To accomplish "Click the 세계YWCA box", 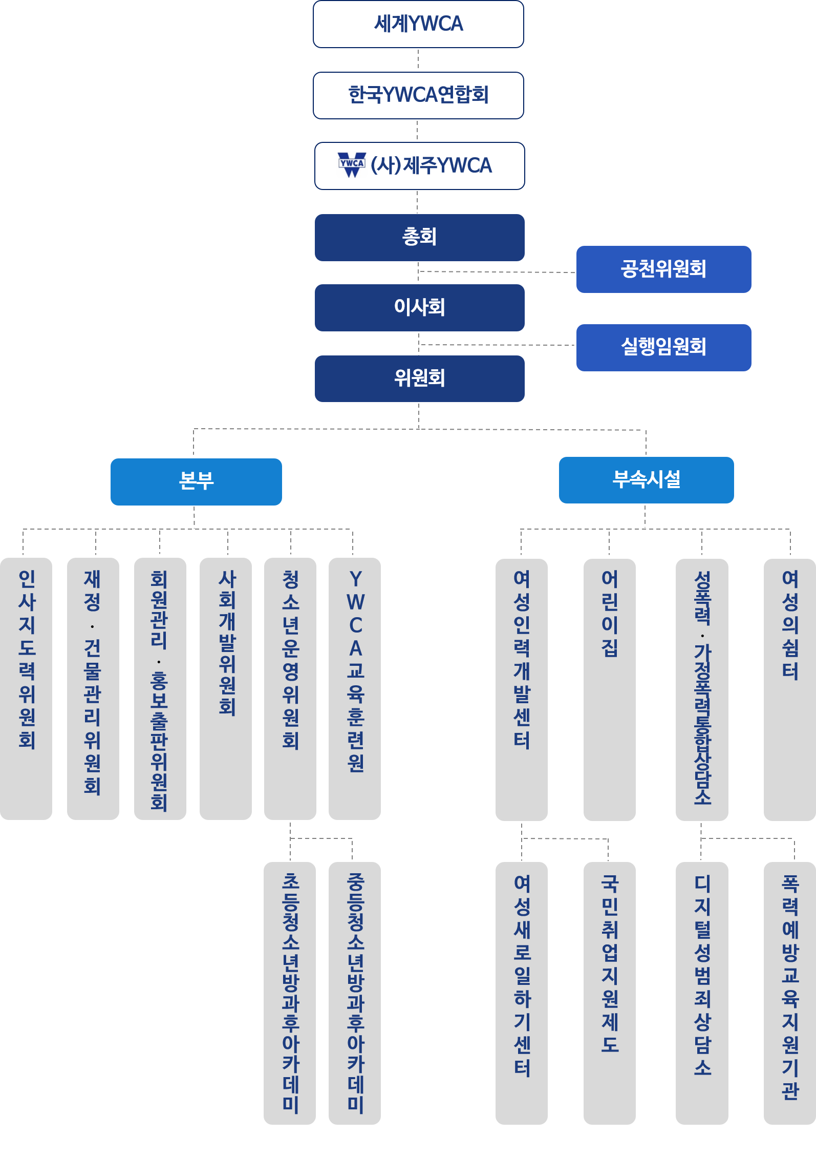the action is click(418, 24).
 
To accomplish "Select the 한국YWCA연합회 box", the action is click(418, 95).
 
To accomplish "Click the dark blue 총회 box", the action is click(419, 238).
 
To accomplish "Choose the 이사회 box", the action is click(419, 308).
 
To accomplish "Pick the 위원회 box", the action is click(419, 378).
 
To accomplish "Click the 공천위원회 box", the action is click(663, 269).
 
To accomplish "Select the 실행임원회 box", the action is click(663, 348).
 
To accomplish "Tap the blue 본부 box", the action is click(196, 482).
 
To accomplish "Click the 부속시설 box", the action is click(646, 480).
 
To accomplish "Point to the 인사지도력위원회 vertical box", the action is click(26, 689).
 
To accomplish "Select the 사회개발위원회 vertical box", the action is click(226, 689).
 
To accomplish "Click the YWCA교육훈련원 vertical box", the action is click(355, 689).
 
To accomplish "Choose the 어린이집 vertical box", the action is click(610, 690).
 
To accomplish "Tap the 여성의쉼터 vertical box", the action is click(790, 690).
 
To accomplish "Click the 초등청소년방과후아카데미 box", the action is click(290, 994).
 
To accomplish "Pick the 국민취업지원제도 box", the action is click(610, 994).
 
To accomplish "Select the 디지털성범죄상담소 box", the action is click(702, 994).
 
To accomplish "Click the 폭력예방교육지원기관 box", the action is click(790, 994).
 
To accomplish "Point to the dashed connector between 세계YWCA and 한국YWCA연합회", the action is click(418, 59).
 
